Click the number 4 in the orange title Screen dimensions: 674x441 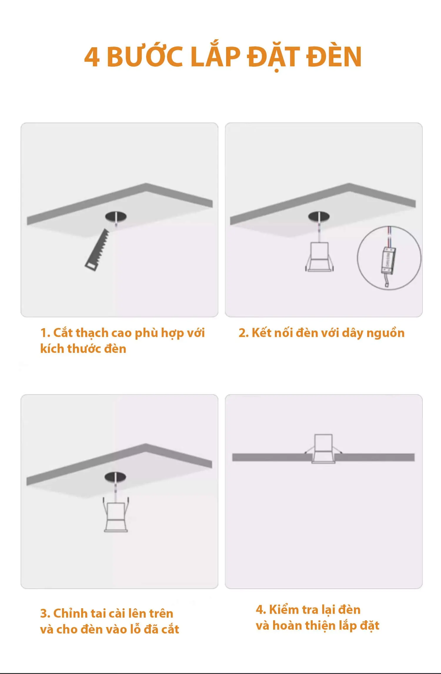tap(92, 57)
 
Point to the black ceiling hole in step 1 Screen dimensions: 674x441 tap(116, 217)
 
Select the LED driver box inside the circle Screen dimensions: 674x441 tap(388, 261)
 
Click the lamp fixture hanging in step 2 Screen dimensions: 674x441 tap(319, 256)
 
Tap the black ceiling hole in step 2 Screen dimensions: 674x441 tap(319, 217)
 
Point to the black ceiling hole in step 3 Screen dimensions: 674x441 tap(115, 477)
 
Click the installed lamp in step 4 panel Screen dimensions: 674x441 tap(323, 449)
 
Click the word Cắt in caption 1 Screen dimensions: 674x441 tap(63, 333)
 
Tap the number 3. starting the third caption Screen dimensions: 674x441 tap(45, 614)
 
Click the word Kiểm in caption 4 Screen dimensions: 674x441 tap(285, 610)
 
